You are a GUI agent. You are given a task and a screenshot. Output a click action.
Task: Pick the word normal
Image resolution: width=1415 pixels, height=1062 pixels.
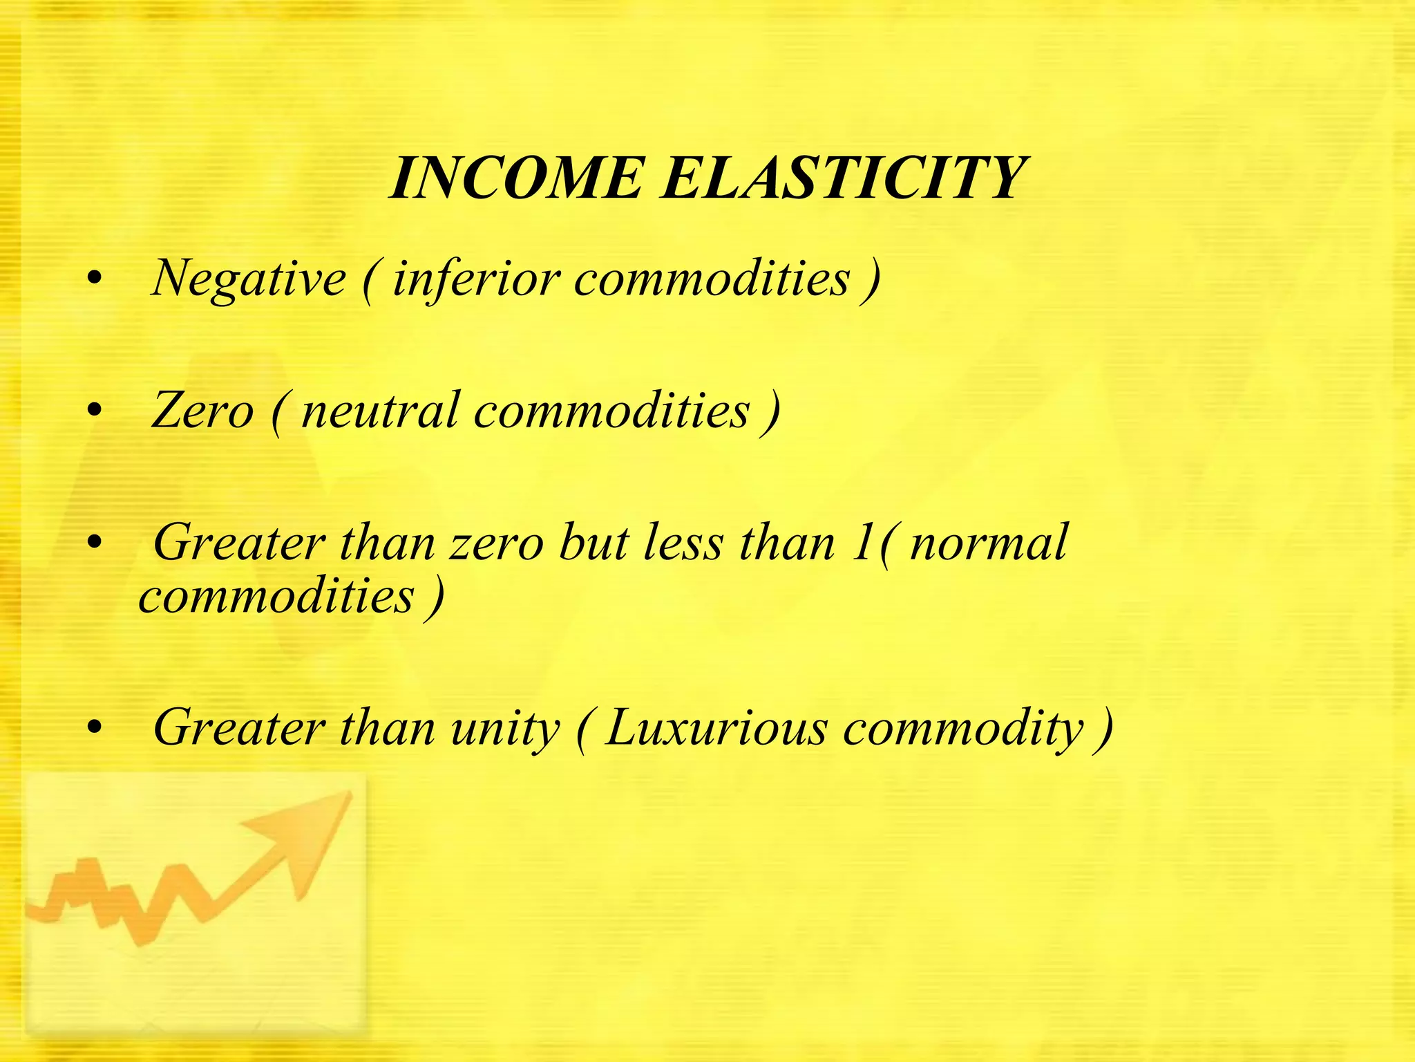(989, 543)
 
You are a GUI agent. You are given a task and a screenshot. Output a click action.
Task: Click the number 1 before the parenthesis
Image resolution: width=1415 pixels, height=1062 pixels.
(861, 543)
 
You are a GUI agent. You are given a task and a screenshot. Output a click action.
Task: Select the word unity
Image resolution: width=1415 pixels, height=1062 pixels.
(505, 729)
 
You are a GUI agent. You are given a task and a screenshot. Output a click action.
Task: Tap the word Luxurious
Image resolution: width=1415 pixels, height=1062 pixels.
(715, 729)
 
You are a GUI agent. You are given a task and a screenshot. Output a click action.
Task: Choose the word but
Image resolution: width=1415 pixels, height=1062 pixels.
(593, 543)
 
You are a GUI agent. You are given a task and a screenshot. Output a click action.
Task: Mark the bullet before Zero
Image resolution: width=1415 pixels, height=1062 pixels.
(95, 412)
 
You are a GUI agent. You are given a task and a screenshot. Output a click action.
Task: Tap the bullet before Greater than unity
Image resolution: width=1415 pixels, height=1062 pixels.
(95, 729)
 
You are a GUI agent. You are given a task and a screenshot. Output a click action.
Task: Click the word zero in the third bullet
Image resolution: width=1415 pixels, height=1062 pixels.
(497, 543)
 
